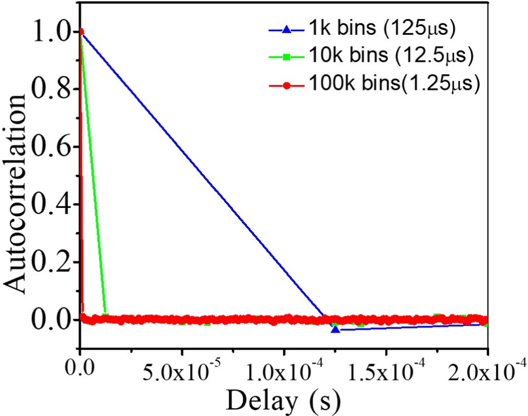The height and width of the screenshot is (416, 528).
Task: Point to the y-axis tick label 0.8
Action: pos(50,89)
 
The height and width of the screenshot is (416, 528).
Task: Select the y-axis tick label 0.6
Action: pos(50,146)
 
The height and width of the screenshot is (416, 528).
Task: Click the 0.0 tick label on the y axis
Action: pos(50,318)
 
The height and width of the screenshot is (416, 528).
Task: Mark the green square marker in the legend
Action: pos(285,57)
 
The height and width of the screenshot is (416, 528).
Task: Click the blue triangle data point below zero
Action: pos(336,329)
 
